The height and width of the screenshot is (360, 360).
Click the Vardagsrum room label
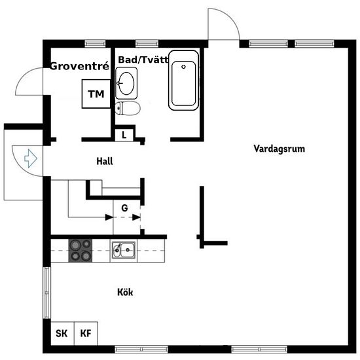pos(279,149)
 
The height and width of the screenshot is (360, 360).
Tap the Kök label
pos(125,293)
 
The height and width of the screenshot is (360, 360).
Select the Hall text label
pos(105,161)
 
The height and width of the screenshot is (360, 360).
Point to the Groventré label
pos(79,66)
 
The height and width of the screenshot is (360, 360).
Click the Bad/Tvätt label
pos(143,60)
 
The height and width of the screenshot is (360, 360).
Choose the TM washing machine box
pos(96,94)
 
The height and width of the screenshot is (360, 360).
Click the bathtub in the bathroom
pos(184,80)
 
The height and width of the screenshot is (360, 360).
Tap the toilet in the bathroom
pos(128,108)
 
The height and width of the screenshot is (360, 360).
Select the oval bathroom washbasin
pos(126,83)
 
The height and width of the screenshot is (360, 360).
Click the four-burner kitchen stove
pos(81,251)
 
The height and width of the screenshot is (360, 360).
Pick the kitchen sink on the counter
pos(124,250)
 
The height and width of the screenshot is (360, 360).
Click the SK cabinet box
pos(62,333)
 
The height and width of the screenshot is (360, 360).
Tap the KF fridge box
pos(86,333)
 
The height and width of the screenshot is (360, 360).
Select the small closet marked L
pos(124,135)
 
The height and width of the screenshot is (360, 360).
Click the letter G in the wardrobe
pos(124,208)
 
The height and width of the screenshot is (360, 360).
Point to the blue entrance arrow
pos(31,158)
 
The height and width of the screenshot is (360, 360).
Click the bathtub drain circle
pos(183,67)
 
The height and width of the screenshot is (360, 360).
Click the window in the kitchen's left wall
pos(46,293)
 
